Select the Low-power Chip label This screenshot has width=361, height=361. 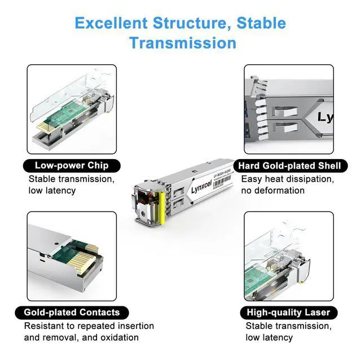[x=71, y=166]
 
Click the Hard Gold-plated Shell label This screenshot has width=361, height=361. [x=289, y=166]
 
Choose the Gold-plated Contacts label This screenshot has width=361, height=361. [x=72, y=312]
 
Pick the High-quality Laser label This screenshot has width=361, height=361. [x=289, y=312]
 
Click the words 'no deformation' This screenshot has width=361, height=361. [x=273, y=191]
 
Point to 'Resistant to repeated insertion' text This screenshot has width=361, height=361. [x=89, y=326]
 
